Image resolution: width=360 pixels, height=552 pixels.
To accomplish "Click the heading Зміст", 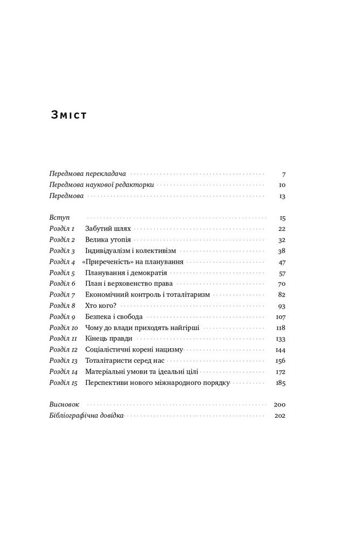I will [68, 115].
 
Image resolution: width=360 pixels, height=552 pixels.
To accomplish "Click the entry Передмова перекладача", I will [87, 174].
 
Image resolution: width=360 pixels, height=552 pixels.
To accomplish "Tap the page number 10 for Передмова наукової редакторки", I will [282, 185].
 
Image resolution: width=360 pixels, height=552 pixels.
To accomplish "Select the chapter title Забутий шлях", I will [108, 229].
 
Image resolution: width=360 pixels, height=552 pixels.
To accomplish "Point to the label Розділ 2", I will [62, 240].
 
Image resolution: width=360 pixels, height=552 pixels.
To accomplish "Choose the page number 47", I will [282, 262].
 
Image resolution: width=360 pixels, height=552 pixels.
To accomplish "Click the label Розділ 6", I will [62, 284].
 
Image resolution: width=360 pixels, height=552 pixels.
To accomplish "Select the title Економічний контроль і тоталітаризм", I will [147, 295].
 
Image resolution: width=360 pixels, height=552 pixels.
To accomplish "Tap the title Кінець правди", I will [109, 339].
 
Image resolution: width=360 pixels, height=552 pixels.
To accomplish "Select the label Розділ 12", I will [64, 350].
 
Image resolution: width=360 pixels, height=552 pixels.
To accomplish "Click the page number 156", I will [280, 361].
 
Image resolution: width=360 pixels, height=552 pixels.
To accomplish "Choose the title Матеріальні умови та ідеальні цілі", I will [142, 372].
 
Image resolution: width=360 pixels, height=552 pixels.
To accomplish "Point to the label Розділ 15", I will [64, 383].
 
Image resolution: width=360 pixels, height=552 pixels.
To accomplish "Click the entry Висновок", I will [64, 405].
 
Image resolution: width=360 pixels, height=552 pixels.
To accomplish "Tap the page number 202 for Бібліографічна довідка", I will [280, 416].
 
